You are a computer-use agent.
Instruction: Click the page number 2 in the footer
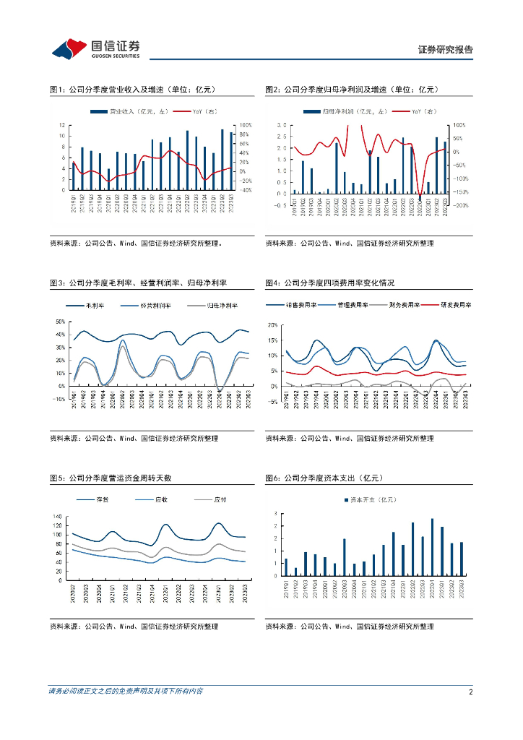click(470, 692)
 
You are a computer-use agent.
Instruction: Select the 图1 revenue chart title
click(133, 90)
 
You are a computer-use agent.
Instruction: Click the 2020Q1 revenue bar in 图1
click(109, 179)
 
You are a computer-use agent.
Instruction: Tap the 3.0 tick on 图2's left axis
click(282, 125)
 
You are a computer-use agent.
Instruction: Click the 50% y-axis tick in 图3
click(61, 321)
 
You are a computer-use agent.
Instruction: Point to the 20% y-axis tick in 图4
click(272, 325)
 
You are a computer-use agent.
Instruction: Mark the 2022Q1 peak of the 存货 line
click(165, 524)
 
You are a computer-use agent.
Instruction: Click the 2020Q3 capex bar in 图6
click(344, 557)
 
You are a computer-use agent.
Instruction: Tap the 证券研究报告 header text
click(446, 49)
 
